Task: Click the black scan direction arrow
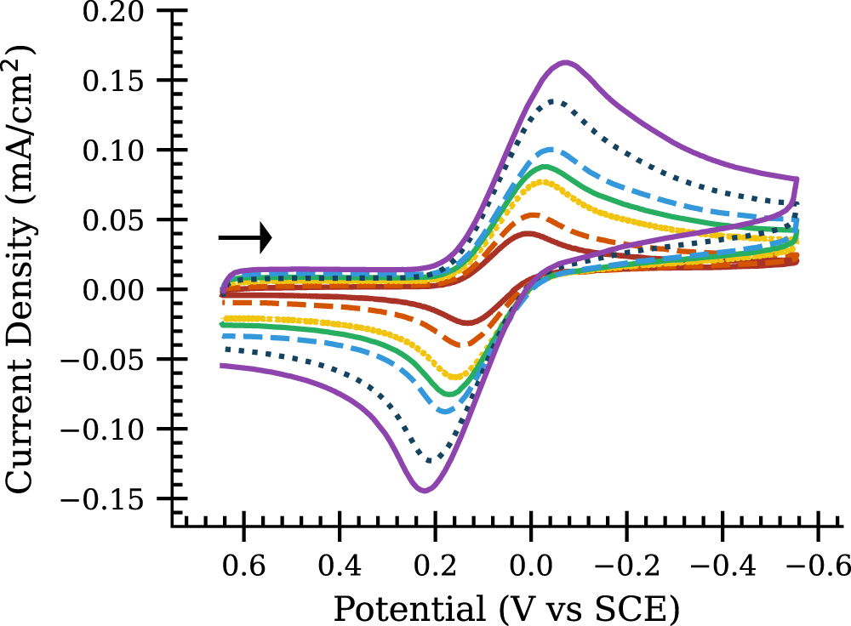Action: [245, 237]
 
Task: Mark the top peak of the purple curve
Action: [567, 62]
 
